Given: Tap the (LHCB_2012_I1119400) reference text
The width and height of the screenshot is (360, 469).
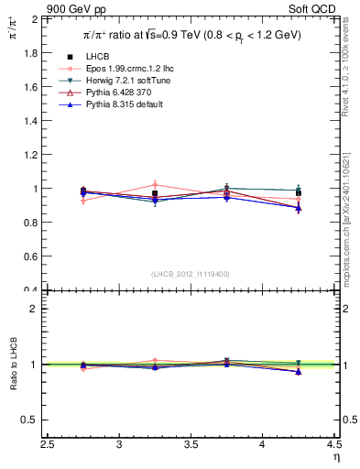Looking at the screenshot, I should click(x=191, y=274).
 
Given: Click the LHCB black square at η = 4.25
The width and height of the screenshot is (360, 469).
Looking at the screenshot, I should click(x=298, y=192).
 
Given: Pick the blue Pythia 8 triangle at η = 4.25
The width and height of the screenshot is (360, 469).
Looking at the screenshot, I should click(x=298, y=208).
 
